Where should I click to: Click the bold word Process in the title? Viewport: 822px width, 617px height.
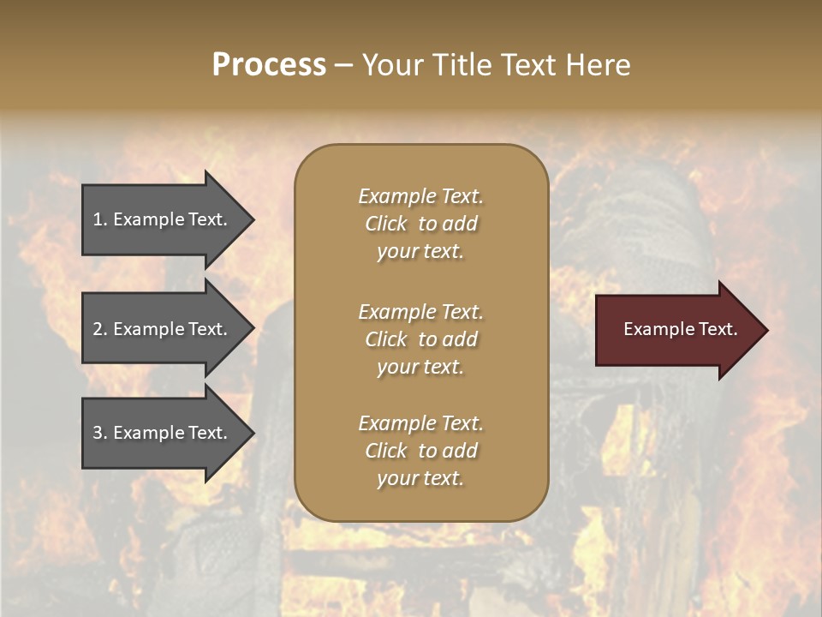pos(269,65)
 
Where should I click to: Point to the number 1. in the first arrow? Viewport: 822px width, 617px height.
pos(100,219)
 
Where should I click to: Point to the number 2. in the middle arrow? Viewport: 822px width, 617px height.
pos(100,329)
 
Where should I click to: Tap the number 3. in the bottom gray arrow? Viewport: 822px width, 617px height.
pos(100,433)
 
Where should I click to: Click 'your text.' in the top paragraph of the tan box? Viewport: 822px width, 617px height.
pos(420,252)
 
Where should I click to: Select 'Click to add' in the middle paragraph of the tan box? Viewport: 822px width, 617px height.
pos(420,339)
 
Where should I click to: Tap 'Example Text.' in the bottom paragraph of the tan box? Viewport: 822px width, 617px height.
pos(420,423)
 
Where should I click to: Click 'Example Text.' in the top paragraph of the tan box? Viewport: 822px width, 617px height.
pos(420,196)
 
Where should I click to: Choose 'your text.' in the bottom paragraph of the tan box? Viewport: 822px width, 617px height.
pos(420,479)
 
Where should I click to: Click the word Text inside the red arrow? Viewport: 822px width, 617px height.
pos(718,329)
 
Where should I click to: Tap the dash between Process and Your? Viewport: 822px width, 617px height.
pos(343,66)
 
